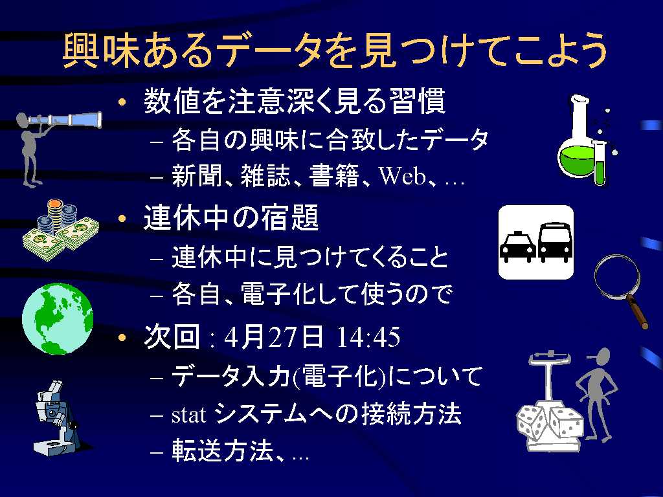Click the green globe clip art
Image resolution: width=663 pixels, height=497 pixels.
(58, 318)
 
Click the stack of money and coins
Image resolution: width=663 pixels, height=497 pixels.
(60, 230)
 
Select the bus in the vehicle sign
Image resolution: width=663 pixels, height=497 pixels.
(555, 242)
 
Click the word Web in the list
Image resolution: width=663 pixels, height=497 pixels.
(402, 176)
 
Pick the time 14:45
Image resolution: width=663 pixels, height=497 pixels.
(368, 337)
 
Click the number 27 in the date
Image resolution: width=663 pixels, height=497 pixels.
(281, 337)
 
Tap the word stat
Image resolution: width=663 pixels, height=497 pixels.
(189, 415)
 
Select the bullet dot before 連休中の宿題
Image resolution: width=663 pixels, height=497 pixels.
(122, 219)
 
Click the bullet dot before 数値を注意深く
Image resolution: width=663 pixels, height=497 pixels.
(122, 102)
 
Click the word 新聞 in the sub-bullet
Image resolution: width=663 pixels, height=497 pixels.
(197, 176)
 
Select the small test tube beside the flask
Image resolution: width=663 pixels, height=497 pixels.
(600, 162)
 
